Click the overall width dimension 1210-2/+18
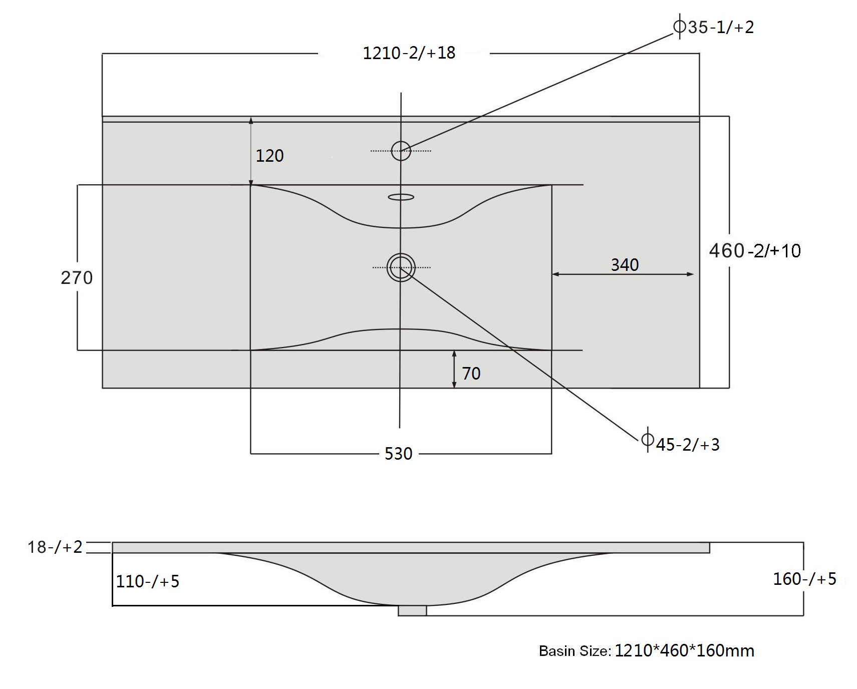(409, 53)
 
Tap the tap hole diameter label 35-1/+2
(721, 27)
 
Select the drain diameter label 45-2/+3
(688, 445)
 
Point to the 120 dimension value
(269, 156)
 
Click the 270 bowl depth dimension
(77, 277)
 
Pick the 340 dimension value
(625, 264)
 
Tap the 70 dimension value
(471, 373)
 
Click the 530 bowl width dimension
(399, 454)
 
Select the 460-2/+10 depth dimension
(755, 250)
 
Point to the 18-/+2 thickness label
(55, 547)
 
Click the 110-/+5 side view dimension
(148, 581)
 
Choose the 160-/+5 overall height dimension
(805, 579)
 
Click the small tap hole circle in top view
(401, 151)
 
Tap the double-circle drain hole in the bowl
(401, 267)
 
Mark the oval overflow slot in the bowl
(401, 197)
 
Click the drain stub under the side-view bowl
(412, 610)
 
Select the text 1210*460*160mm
(684, 650)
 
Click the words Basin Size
(575, 651)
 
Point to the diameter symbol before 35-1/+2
(680, 26)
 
